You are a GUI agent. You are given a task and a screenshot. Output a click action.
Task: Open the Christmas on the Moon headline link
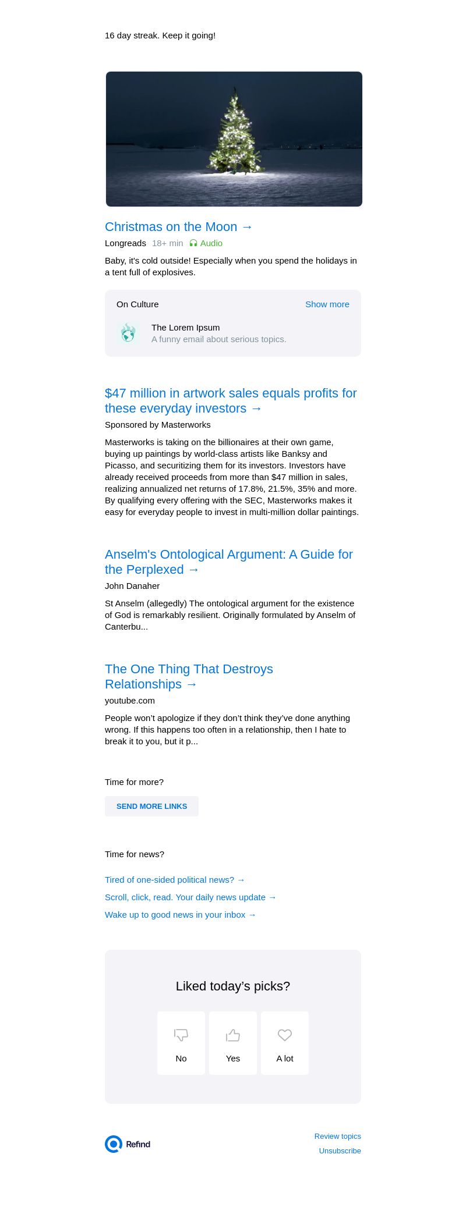tap(179, 227)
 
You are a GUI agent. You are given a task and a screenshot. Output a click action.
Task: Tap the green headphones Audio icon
tap(193, 243)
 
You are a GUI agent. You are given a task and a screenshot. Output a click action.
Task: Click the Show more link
tap(327, 304)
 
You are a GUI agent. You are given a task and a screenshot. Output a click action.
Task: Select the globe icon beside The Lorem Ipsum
tap(128, 333)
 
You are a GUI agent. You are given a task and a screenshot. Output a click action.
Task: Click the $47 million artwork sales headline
tap(231, 401)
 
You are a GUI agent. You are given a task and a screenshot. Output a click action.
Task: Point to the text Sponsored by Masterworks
tap(158, 425)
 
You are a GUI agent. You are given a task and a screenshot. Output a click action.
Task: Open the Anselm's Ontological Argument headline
tap(228, 562)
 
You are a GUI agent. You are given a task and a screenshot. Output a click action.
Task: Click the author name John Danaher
tap(132, 586)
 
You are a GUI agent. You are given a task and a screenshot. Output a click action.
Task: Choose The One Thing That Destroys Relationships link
tap(189, 677)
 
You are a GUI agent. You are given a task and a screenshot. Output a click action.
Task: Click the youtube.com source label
tap(130, 701)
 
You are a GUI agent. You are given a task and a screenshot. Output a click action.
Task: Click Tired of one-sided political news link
tap(175, 880)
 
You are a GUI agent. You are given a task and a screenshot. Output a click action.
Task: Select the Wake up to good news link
tap(181, 915)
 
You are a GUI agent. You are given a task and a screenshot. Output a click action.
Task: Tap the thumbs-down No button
tap(181, 1043)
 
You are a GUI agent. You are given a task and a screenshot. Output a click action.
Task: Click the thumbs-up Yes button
tap(233, 1043)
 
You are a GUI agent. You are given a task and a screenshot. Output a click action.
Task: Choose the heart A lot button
tap(285, 1043)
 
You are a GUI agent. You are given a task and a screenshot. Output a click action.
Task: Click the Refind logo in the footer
tap(128, 1144)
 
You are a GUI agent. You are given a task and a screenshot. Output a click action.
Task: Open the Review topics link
tap(337, 1136)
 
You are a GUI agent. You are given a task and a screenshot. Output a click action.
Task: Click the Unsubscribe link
tap(340, 1150)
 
